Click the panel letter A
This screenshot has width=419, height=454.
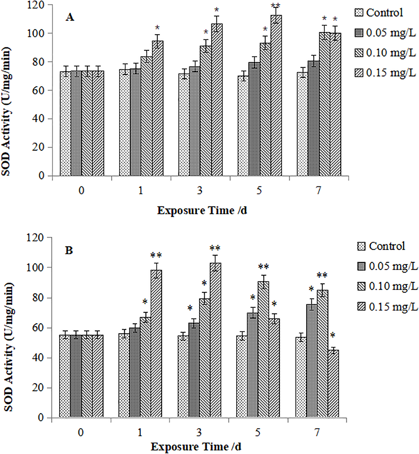70,17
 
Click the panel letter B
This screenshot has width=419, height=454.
69,250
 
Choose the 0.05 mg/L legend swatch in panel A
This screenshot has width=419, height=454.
359,33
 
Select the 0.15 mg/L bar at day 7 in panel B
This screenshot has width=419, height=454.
333,384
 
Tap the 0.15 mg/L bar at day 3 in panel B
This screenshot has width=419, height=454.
216,340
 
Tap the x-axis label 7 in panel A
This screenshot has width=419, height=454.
318,191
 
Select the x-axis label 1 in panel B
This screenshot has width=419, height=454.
140,433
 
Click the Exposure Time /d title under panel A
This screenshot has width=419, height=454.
202,211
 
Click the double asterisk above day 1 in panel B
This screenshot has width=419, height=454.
156,255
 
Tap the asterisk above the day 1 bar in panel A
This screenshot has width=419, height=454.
157,28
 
